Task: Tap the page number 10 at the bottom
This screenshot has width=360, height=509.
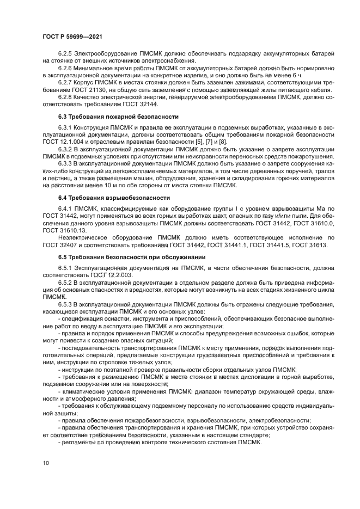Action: (46, 463)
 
